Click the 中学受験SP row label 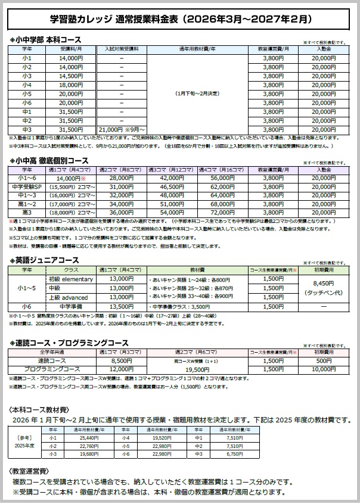26,186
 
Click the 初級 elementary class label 70,279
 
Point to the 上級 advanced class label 70,297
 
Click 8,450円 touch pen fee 323,284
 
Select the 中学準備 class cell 70,307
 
